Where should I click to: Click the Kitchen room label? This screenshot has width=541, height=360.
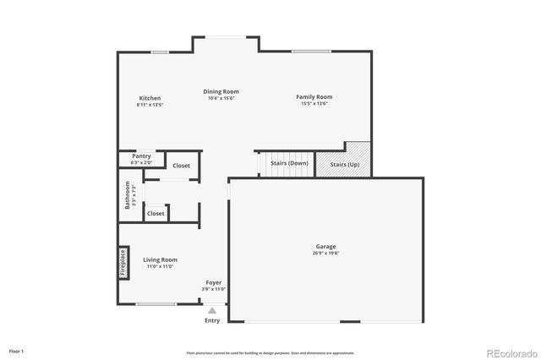[150, 98]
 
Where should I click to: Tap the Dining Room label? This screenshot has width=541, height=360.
[221, 91]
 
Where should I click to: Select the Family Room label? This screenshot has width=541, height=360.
[314, 97]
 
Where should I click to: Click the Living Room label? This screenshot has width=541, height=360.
[160, 259]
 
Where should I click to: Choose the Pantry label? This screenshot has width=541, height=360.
[141, 156]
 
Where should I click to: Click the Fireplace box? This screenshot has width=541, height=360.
[123, 262]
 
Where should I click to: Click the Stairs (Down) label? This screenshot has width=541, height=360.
[289, 162]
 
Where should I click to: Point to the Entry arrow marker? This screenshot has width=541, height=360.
[212, 311]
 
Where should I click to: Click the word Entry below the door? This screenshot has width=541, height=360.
[212, 320]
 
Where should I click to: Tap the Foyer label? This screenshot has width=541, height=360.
[215, 282]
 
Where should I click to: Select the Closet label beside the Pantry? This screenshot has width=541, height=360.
[182, 166]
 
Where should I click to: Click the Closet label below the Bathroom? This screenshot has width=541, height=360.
[156, 214]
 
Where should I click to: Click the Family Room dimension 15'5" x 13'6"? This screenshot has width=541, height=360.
[314, 104]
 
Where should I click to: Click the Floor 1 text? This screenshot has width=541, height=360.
[17, 350]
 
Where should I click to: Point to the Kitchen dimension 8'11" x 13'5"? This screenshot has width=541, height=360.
[150, 105]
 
